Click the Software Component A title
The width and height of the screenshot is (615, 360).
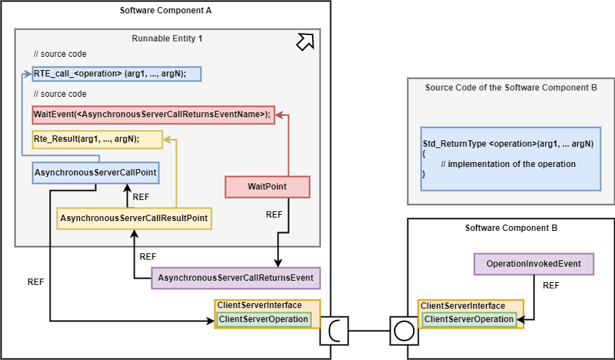165,11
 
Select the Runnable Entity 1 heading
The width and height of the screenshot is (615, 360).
167,38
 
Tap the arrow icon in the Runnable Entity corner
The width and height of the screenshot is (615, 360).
305,43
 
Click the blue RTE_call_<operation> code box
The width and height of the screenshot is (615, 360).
116,74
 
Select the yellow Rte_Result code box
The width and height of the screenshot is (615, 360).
97,139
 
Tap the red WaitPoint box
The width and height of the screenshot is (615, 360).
266,187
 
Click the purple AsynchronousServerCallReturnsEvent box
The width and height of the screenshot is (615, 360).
236,278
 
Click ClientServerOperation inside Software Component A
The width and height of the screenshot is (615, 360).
263,319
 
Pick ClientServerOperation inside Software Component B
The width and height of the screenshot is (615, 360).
468,319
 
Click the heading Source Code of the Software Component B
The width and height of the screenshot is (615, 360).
511,88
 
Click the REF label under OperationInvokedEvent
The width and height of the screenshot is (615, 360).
551,286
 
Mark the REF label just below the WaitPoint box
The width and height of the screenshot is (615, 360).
274,215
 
